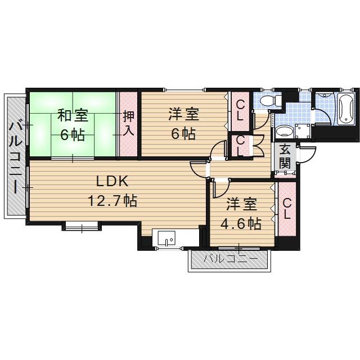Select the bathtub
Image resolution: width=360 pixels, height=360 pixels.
coord(346,109)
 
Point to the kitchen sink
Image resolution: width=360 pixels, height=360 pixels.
coord(166,238)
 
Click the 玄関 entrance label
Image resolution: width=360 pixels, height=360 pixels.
coord(285,156)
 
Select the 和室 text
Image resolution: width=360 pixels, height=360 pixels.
coord(73,115)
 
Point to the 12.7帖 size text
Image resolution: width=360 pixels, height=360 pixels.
coord(112,201)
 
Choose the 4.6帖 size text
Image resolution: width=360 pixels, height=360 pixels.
coord(241,224)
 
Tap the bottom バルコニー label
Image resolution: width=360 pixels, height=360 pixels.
coord(230,259)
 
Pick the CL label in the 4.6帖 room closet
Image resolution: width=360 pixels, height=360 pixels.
coord(287,209)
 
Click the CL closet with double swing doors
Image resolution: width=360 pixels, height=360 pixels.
coord(241,145)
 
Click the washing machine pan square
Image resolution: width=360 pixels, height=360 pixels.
coord(303,131)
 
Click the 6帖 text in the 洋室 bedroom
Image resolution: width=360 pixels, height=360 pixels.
coord(184,134)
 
